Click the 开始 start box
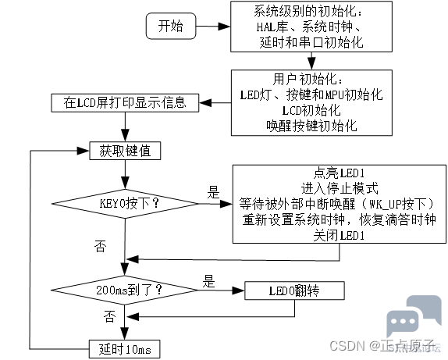tap(171, 26)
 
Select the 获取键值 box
tap(125, 151)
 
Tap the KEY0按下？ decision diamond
tap(125, 204)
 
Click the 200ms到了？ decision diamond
tap(125, 290)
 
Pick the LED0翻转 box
tap(294, 290)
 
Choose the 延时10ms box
tap(125, 349)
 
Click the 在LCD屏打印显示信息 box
tap(125, 102)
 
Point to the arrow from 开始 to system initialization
tap(213, 27)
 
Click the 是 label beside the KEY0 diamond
tap(213, 192)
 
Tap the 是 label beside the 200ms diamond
tap(209, 281)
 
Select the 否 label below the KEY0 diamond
tap(100, 246)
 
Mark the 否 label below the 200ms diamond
tap(109, 316)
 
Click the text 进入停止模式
tap(340, 188)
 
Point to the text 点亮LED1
tap(340, 173)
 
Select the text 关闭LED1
tap(340, 236)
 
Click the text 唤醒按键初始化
tap(311, 126)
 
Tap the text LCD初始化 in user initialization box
tap(311, 110)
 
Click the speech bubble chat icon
tap(414, 316)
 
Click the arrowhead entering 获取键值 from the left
tap(84, 151)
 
